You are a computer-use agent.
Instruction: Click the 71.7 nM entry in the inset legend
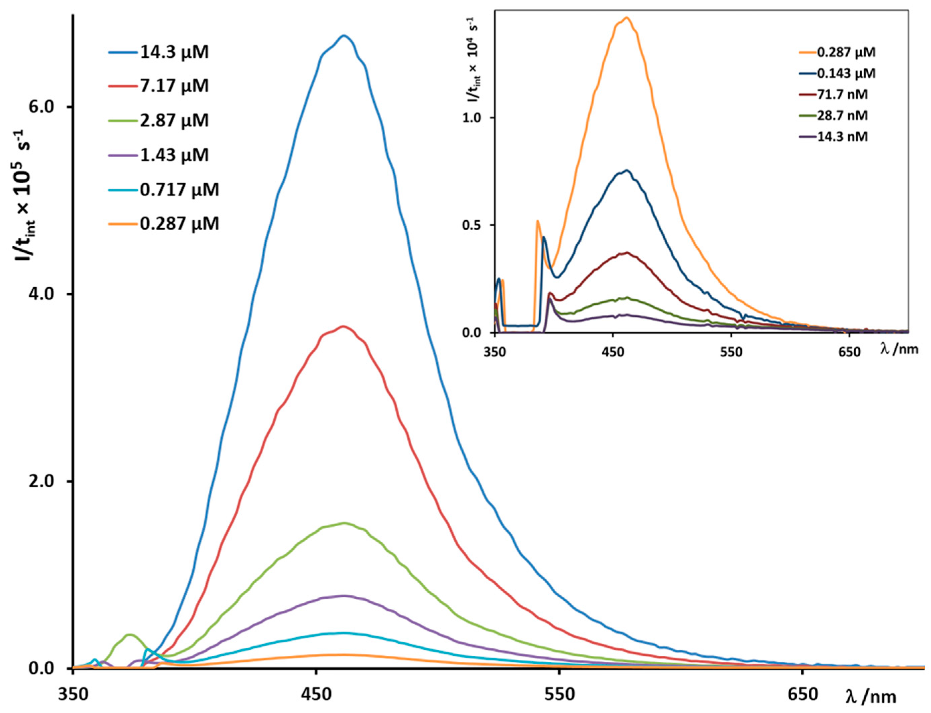coord(842,94)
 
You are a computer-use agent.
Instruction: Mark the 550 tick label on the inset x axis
coord(731,352)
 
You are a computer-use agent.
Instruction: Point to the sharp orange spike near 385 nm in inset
coord(538,221)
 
